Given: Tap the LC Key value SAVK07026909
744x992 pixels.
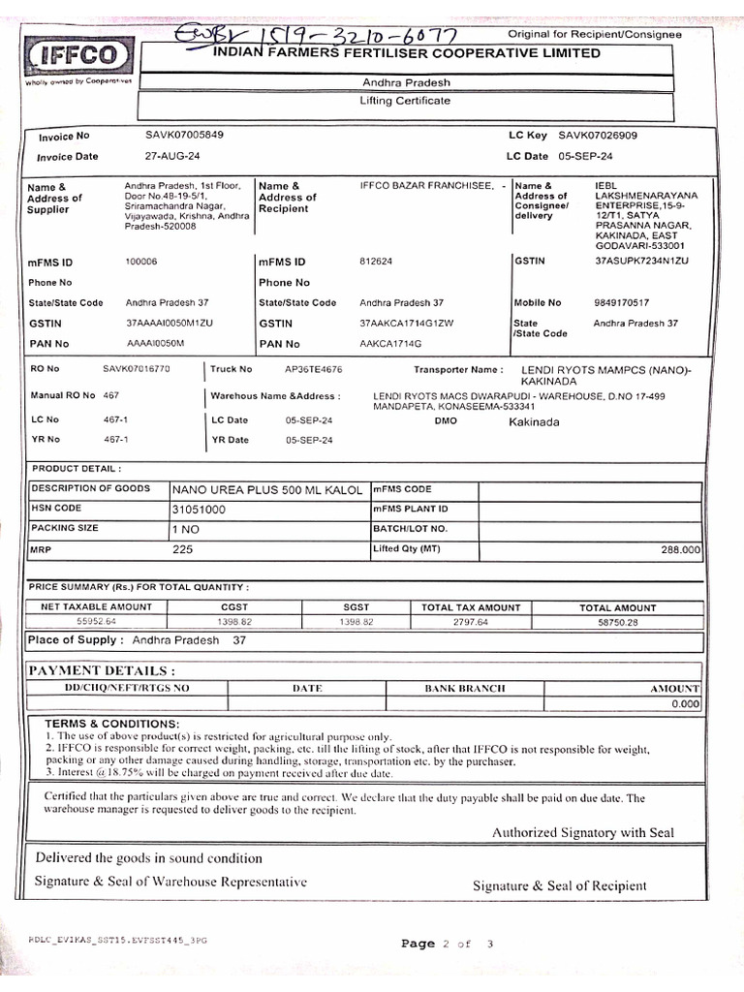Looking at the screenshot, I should (x=598, y=136).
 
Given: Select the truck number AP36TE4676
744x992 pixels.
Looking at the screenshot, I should (x=313, y=369).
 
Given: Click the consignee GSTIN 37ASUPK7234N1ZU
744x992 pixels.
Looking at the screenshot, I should (x=640, y=262).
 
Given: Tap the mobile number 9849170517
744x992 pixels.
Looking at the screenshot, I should (x=621, y=302).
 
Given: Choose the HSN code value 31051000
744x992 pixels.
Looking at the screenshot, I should (x=199, y=509).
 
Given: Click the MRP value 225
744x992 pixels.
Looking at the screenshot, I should (x=183, y=549).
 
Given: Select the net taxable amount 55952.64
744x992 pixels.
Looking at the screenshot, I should (x=96, y=622).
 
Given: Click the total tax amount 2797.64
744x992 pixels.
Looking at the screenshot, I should (x=471, y=622).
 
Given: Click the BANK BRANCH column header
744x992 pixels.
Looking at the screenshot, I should (x=465, y=689).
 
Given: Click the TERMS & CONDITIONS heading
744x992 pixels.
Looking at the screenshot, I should (x=111, y=724).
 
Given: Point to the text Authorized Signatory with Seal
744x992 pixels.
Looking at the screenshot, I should (x=583, y=832).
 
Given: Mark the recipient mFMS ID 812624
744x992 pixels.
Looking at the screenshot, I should (x=374, y=262).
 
